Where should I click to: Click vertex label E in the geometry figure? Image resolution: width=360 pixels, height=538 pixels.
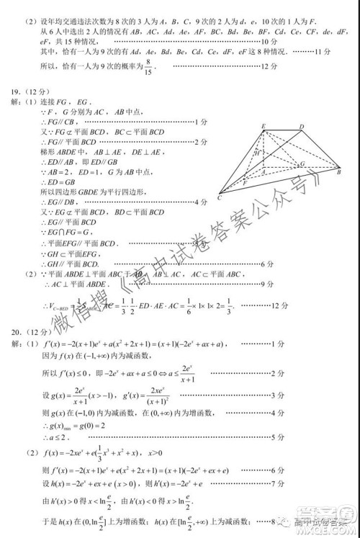coord(264,126)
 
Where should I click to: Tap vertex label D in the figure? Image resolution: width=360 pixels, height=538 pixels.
coord(301,127)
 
